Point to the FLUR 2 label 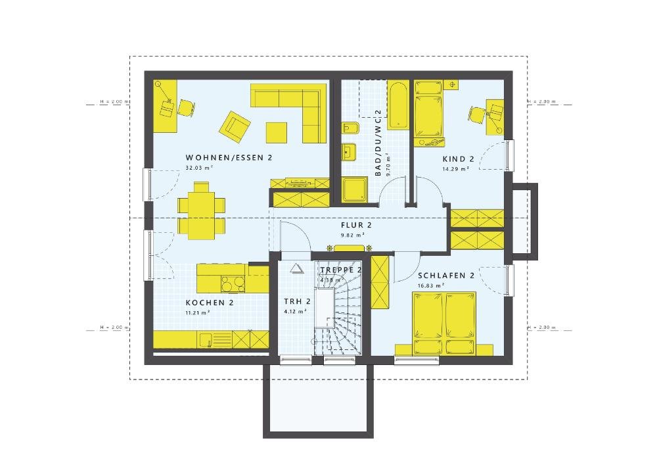tap(353, 225)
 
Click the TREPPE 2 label tap(341, 270)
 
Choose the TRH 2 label tap(297, 302)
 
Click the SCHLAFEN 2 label tap(445, 276)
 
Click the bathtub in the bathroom tap(398, 105)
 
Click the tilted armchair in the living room tap(235, 126)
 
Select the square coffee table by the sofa tap(277, 132)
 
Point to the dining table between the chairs tap(201, 210)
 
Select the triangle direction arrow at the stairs tap(296, 268)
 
